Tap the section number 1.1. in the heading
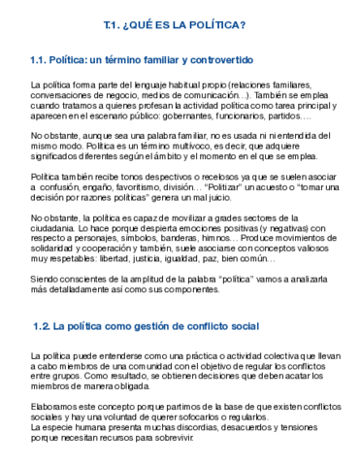point(44,61)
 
